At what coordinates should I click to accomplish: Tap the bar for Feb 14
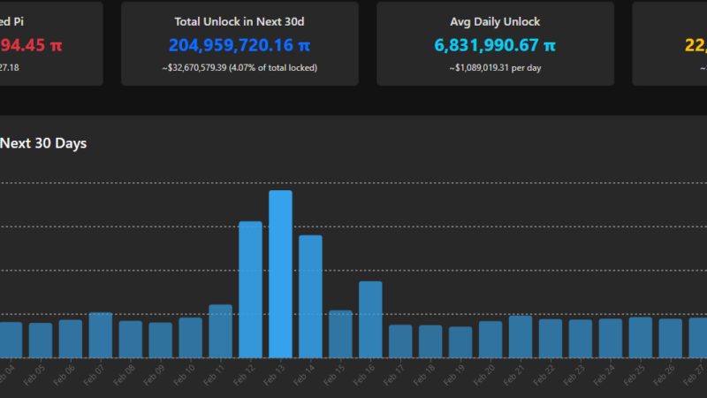[x=310, y=295]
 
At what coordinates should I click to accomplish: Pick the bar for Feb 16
[x=370, y=318]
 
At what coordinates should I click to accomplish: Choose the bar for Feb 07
[x=100, y=334]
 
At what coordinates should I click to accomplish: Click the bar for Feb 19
[x=460, y=341]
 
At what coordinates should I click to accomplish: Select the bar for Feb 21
[x=521, y=336]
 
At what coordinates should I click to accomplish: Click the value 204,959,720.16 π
[x=239, y=44]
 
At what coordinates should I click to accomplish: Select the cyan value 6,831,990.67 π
[x=495, y=44]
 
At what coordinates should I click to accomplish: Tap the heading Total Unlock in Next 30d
[x=239, y=21]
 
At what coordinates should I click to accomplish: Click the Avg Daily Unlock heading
[x=495, y=21]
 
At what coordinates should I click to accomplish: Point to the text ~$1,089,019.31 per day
[x=495, y=67]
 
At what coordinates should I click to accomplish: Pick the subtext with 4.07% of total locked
[x=239, y=67]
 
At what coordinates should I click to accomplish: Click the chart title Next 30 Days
[x=43, y=142]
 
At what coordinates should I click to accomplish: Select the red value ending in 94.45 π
[x=31, y=44]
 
